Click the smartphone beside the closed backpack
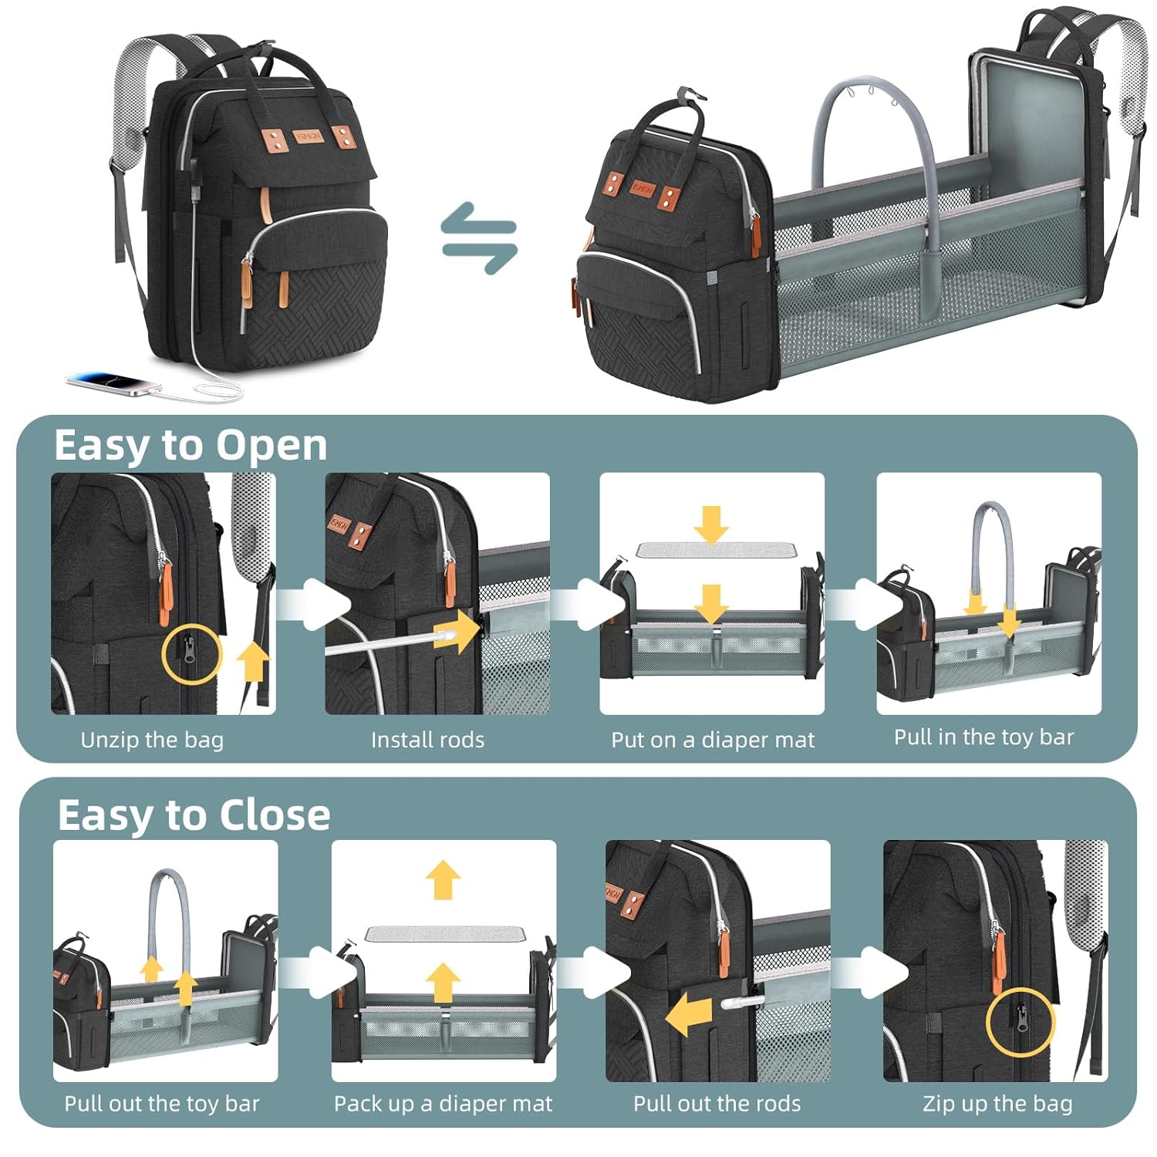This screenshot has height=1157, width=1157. (x=114, y=383)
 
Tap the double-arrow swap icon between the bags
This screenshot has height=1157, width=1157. (x=479, y=238)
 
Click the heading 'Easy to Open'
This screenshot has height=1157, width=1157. (x=191, y=446)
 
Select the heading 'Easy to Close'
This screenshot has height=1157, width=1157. (x=194, y=815)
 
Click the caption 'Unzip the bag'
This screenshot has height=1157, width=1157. (x=152, y=740)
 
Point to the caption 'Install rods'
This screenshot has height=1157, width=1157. (x=427, y=740)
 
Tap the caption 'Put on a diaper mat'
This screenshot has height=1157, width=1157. (x=713, y=740)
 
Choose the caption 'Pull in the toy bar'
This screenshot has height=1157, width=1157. (x=983, y=737)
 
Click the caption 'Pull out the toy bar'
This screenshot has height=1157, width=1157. (x=162, y=1104)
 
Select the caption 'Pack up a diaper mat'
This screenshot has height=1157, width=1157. (x=443, y=1104)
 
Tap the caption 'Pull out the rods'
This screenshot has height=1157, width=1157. (x=717, y=1104)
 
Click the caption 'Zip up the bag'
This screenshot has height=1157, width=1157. (x=997, y=1104)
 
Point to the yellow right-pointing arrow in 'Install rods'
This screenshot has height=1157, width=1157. (x=456, y=632)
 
